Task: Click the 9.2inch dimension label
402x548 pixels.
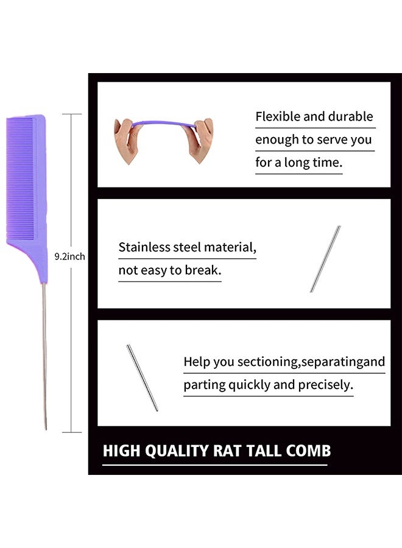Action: point(69,256)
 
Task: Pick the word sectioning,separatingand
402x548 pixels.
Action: point(311,362)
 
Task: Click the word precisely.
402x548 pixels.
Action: point(326,385)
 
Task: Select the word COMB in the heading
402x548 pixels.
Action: point(308,451)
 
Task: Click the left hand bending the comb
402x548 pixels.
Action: point(127,140)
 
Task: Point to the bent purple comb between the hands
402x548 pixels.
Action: point(164,124)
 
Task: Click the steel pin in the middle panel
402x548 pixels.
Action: point(325,259)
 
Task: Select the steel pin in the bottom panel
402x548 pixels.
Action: point(142,378)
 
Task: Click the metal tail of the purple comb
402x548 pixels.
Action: point(44,356)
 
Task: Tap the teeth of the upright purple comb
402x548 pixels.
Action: point(20,178)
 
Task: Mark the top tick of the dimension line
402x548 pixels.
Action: point(72,114)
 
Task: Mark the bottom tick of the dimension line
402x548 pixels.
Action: point(72,432)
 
